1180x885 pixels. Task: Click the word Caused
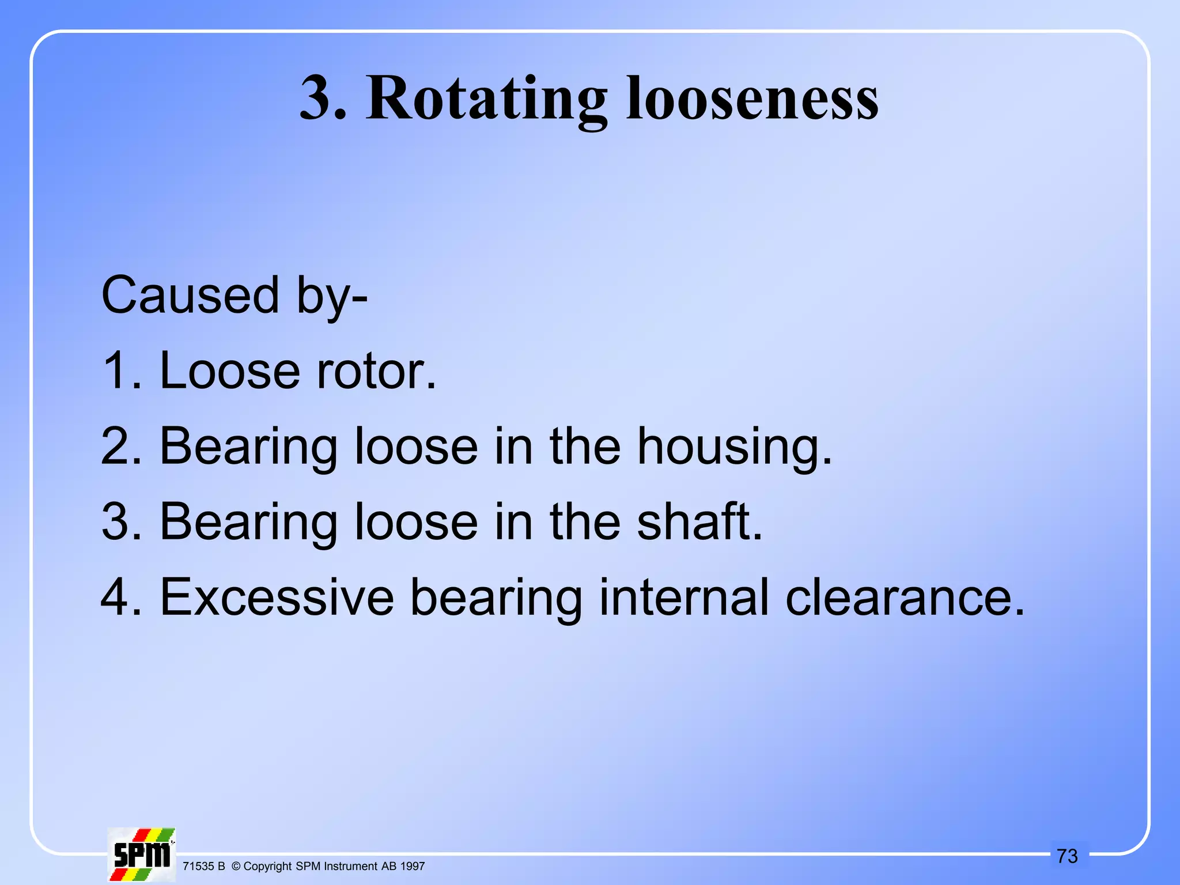tap(190, 296)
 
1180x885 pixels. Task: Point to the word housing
tap(735, 447)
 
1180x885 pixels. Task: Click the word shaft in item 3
tap(699, 522)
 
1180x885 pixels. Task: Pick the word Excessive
tap(277, 597)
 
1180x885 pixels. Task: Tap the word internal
tap(684, 597)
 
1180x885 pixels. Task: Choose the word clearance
tap(905, 597)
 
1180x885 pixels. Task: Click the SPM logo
tap(142, 854)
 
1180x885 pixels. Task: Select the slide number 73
tap(1067, 856)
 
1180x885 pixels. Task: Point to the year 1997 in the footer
tap(413, 867)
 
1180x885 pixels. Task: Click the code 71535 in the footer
tap(198, 867)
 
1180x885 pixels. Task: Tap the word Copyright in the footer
tap(267, 867)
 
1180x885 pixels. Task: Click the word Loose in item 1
tap(229, 371)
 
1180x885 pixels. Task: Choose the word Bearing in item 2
tap(248, 447)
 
